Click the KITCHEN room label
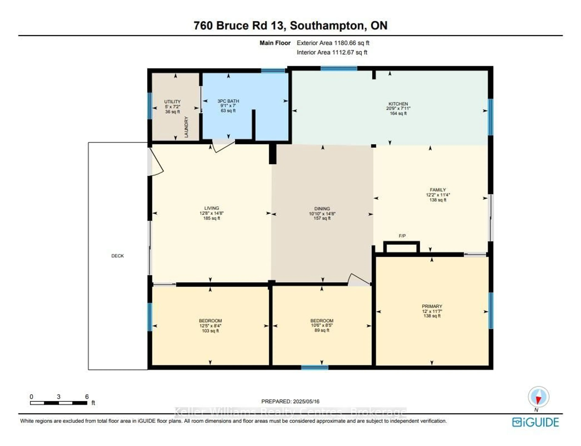pyautogui.click(x=398, y=104)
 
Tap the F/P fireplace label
pyautogui.click(x=402, y=236)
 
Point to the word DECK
pyautogui.click(x=117, y=256)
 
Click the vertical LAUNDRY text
pyautogui.click(x=186, y=127)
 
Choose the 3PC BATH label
pyautogui.click(x=228, y=101)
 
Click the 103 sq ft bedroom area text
pyautogui.click(x=210, y=331)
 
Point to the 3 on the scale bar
pyautogui.click(x=58, y=397)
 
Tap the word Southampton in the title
pyautogui.click(x=326, y=26)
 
